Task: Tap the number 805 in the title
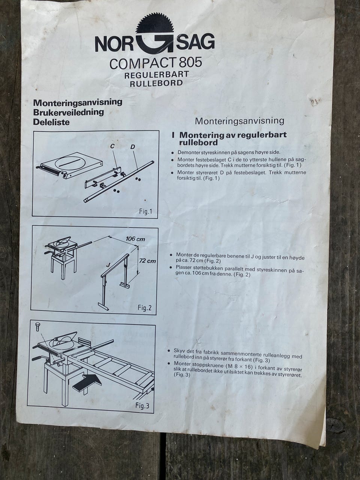click(x=190, y=63)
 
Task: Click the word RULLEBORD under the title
click(x=156, y=83)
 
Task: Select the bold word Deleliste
click(x=51, y=122)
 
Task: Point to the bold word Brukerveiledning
click(x=68, y=112)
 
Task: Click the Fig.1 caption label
click(x=145, y=211)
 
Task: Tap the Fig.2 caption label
click(x=144, y=308)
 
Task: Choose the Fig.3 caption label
click(x=142, y=406)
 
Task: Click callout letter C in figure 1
click(x=112, y=147)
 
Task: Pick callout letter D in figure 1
click(x=133, y=147)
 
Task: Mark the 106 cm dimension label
click(x=135, y=239)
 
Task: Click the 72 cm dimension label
click(x=147, y=261)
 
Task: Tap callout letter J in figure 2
click(x=107, y=265)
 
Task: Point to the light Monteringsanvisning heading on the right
click(x=240, y=121)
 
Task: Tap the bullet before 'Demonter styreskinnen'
click(x=173, y=153)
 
